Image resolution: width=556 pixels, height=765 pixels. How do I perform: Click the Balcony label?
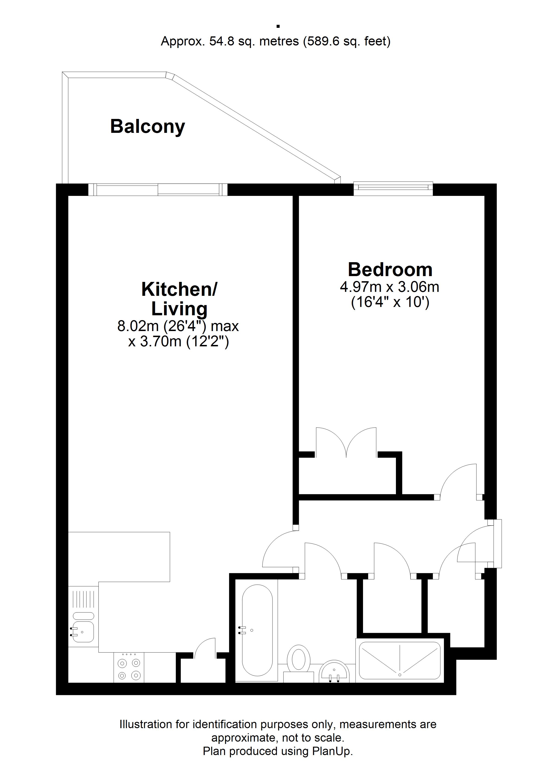pos(148,127)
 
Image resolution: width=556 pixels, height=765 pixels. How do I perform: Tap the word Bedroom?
pos(390,270)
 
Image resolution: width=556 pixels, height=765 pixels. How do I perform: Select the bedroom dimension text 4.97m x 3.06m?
pos(389,287)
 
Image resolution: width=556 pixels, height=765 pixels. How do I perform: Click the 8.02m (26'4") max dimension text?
pos(178,326)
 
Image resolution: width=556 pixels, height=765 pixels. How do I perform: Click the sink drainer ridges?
pos(83,599)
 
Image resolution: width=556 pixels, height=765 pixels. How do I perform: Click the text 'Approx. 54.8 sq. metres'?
pos(230,41)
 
